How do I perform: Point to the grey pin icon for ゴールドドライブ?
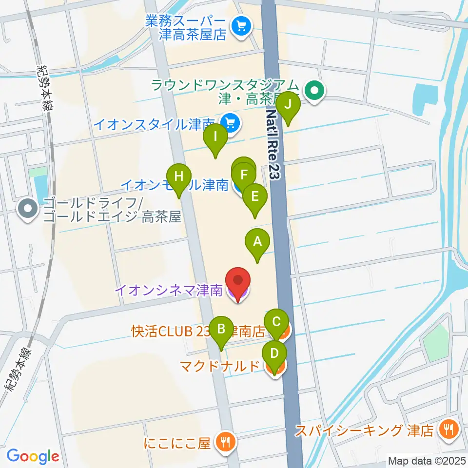[x=27, y=210]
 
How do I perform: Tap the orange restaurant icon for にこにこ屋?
[x=226, y=442]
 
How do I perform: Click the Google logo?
[x=33, y=456]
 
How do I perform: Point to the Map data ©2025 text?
[x=427, y=460]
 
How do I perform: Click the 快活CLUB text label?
[x=161, y=331]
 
